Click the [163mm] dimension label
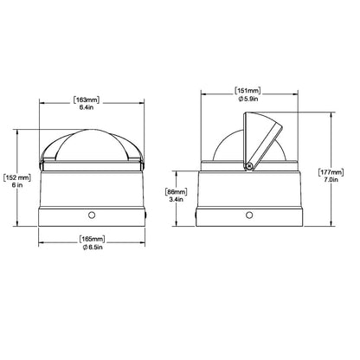pyautogui.click(x=87, y=100)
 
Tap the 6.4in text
pyautogui.click(x=87, y=107)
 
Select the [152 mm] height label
pyautogui.click(x=16, y=177)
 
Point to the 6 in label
pyautogui.click(x=17, y=185)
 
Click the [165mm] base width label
pyautogui.click(x=92, y=239)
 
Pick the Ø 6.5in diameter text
pyautogui.click(x=93, y=247)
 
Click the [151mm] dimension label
pyautogui.click(x=247, y=91)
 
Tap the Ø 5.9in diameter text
pyautogui.click(x=248, y=99)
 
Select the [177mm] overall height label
pyautogui.click(x=331, y=172)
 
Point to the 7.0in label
pyautogui.click(x=331, y=180)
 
